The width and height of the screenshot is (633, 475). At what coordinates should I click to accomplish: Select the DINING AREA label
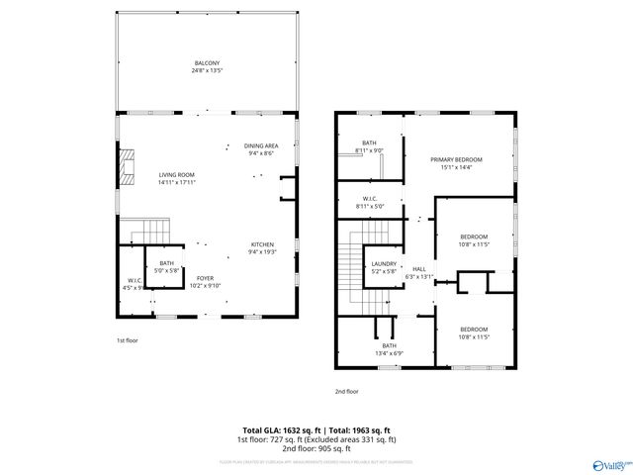pos(261,146)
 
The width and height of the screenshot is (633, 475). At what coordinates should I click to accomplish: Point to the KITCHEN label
pos(261,244)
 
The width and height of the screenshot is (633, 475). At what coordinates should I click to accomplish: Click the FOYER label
pos(206,279)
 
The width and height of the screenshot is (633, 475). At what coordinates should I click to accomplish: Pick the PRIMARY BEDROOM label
pos(456,159)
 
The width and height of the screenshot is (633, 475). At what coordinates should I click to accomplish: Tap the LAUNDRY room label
pos(384,263)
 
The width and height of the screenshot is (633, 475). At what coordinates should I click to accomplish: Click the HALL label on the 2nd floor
pos(419,269)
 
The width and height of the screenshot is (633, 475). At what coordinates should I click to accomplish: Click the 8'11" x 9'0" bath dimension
pos(369,150)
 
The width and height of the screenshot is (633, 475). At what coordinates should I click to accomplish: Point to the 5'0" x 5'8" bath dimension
pos(168,269)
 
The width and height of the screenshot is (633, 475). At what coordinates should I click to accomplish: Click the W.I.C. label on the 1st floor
pos(136,280)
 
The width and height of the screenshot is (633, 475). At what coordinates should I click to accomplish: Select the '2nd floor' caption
pos(346,391)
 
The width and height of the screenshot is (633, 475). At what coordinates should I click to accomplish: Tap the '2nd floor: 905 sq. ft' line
pos(316,446)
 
